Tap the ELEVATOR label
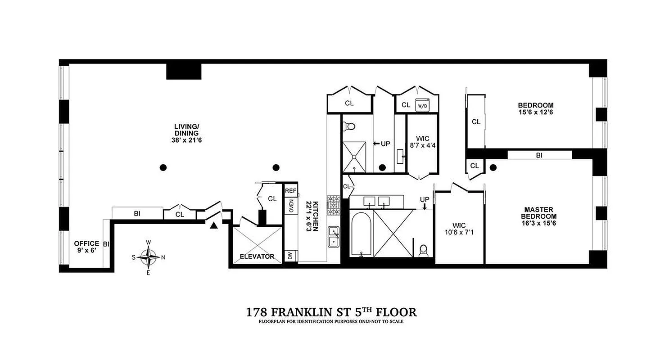coord(257,256)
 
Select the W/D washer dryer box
coord(422,106)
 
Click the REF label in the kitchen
coord(290,191)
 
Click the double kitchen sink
coord(334,236)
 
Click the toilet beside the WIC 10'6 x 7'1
coord(423,250)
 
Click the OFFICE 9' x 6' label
coord(86,247)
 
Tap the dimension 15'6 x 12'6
coord(535,112)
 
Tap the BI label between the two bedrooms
coord(539,155)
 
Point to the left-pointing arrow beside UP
coord(377,144)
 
